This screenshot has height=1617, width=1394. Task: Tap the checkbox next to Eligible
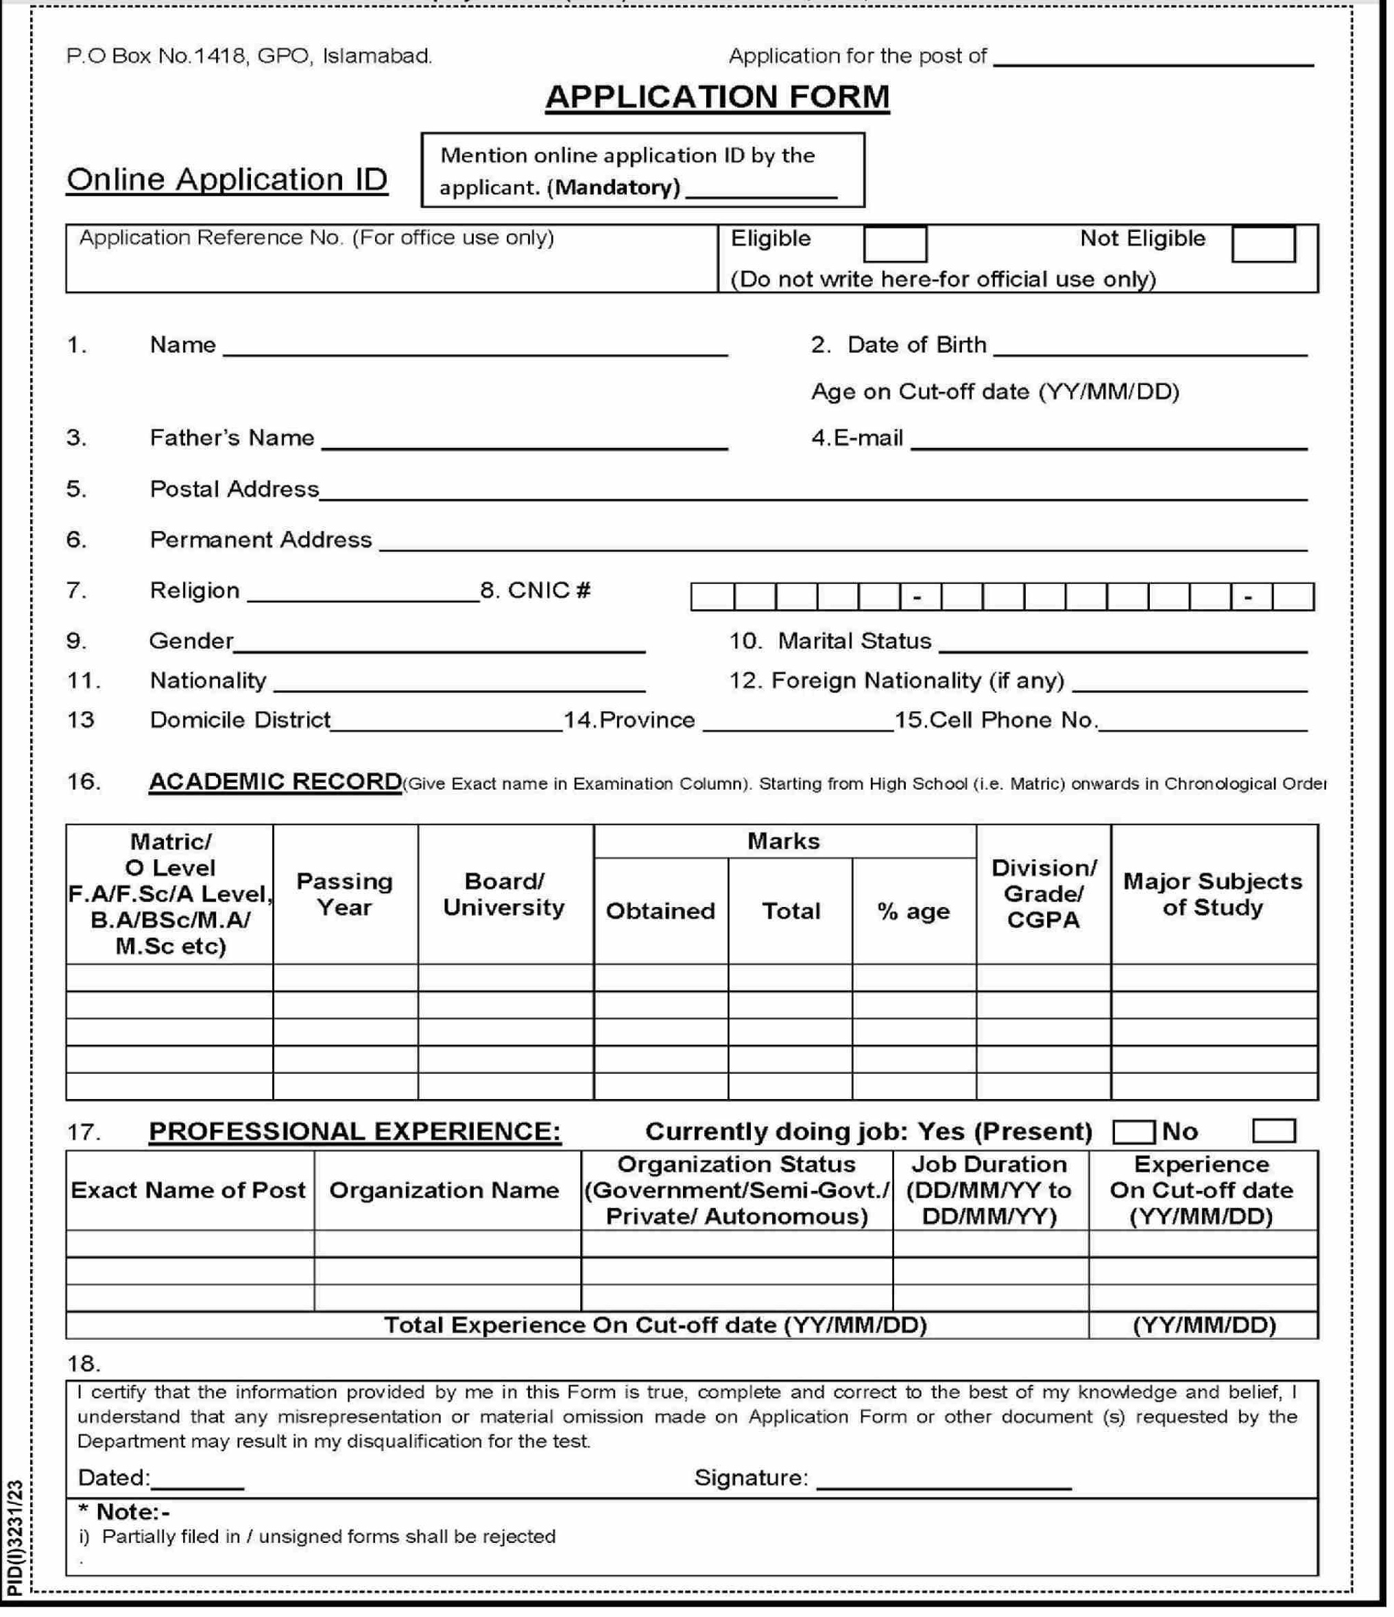[894, 244]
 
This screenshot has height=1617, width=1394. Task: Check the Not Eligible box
[1262, 244]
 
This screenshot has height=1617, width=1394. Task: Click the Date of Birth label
[916, 345]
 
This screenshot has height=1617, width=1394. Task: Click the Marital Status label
[854, 641]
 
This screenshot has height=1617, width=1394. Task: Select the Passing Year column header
[344, 895]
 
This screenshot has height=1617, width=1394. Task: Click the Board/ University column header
[504, 895]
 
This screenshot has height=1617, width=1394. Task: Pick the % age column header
[913, 912]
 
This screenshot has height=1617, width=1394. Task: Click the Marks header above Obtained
[783, 841]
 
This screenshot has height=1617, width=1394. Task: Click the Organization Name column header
[444, 1190]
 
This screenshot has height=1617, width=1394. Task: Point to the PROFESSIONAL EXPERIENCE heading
[355, 1131]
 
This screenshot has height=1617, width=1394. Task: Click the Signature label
[750, 1478]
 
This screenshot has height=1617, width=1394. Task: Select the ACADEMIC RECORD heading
[274, 781]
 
